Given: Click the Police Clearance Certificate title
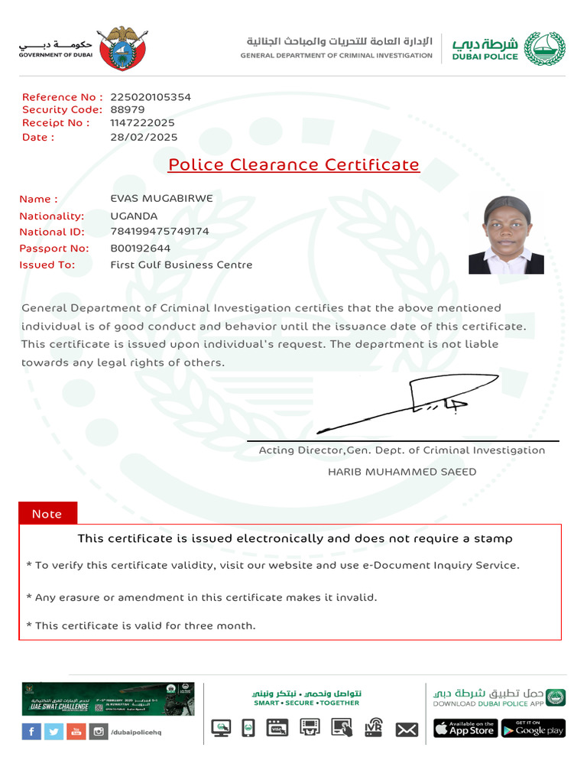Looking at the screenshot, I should (x=293, y=164).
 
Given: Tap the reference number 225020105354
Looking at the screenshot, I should (x=151, y=97).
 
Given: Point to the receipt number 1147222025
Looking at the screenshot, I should (x=142, y=122).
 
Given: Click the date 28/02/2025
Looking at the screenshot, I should (x=144, y=138).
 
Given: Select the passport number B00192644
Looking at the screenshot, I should (x=141, y=249).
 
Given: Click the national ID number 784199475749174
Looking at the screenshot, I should (x=160, y=232).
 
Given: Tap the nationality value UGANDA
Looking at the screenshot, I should (x=134, y=216).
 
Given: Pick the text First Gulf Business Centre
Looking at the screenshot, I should (x=181, y=265).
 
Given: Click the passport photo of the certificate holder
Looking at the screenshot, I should (x=506, y=235).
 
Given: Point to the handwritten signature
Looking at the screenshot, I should (x=397, y=405).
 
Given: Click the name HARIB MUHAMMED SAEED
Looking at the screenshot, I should (x=402, y=472).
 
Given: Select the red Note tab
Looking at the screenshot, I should (x=47, y=514).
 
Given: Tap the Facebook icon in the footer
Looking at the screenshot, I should (x=31, y=732).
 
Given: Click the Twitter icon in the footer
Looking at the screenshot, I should (x=54, y=732).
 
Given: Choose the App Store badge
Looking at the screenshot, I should (x=465, y=729).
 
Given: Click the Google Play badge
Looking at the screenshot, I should (x=533, y=729).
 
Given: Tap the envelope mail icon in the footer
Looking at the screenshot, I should (x=407, y=729).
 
